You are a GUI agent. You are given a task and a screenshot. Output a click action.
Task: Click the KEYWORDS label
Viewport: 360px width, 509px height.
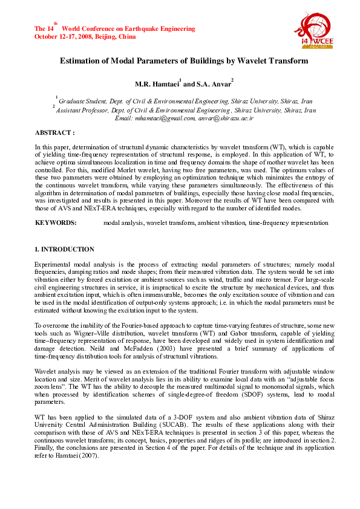pos(56,223)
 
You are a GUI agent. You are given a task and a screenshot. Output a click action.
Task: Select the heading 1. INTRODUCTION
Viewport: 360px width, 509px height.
pos(64,249)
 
